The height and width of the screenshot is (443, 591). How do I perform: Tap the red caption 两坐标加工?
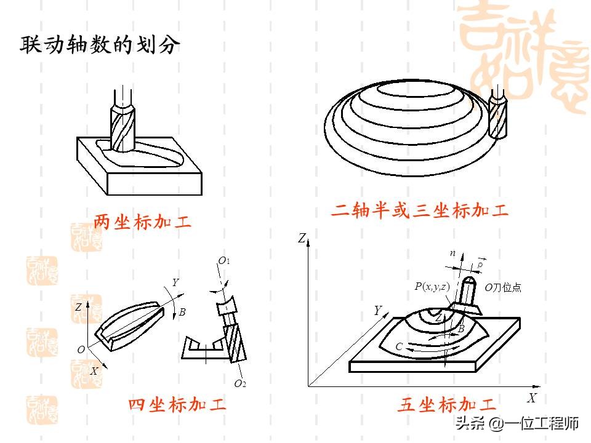[x=142, y=222]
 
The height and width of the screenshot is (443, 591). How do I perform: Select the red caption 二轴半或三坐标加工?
[x=420, y=211]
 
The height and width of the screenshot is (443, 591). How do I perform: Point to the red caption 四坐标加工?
[x=177, y=405]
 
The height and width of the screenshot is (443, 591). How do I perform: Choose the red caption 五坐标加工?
[x=446, y=405]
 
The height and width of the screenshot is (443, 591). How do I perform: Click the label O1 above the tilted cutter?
[x=224, y=261]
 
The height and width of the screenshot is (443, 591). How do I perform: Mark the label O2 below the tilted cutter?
[x=240, y=383]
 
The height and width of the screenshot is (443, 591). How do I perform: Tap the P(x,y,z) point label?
[x=432, y=286]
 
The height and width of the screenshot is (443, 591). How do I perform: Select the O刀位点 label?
[x=502, y=287]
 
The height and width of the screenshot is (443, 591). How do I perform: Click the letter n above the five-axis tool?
[x=452, y=253]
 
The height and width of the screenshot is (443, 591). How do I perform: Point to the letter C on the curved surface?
[x=399, y=347]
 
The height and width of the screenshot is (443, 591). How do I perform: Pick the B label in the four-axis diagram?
[x=182, y=313]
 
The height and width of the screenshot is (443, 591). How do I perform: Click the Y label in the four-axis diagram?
[x=175, y=282]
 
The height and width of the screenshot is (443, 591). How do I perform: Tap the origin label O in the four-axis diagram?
[x=81, y=349]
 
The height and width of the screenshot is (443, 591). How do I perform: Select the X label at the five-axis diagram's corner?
[x=532, y=397]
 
